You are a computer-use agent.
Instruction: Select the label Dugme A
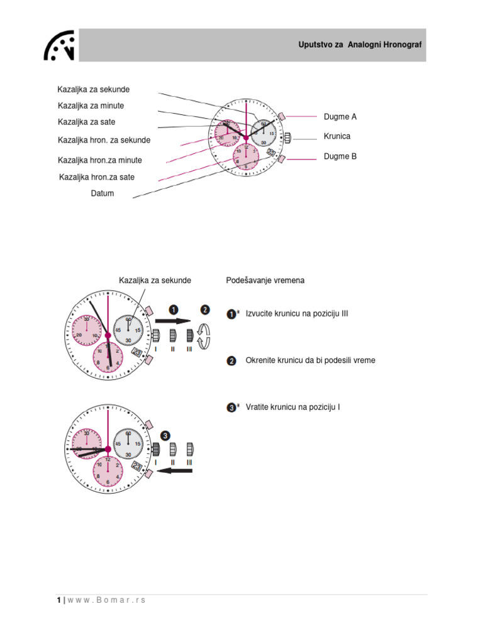point(340,117)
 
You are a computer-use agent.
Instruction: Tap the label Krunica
point(337,136)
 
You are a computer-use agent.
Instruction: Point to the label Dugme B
point(340,156)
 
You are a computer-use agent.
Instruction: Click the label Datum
point(103,193)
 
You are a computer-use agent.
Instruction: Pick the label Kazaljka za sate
point(87,122)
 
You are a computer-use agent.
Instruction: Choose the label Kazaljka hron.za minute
point(100,160)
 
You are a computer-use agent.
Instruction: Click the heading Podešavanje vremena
point(265,281)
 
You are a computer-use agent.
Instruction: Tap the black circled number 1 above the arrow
point(174,309)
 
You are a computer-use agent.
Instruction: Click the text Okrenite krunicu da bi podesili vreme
point(311,360)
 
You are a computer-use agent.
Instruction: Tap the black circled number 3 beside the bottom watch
point(165,435)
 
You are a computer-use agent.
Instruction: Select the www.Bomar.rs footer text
point(106,600)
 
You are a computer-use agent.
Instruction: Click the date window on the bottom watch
point(138,466)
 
